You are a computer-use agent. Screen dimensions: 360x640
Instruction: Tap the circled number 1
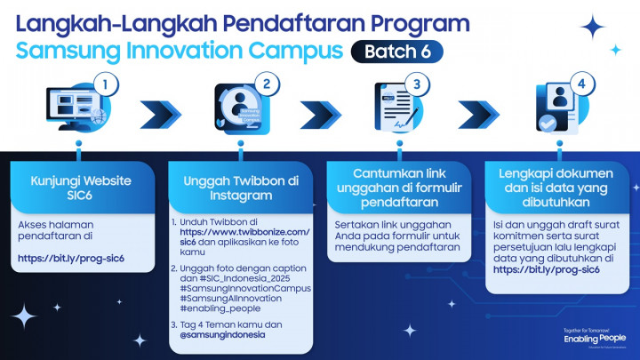point(106,86)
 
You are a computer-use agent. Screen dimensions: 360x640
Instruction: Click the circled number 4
point(579,86)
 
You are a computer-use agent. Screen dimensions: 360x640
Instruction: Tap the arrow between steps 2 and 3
point(320,115)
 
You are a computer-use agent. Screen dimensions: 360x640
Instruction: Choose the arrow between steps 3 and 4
point(478,115)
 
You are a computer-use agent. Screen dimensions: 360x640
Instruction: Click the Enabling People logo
point(595,339)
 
